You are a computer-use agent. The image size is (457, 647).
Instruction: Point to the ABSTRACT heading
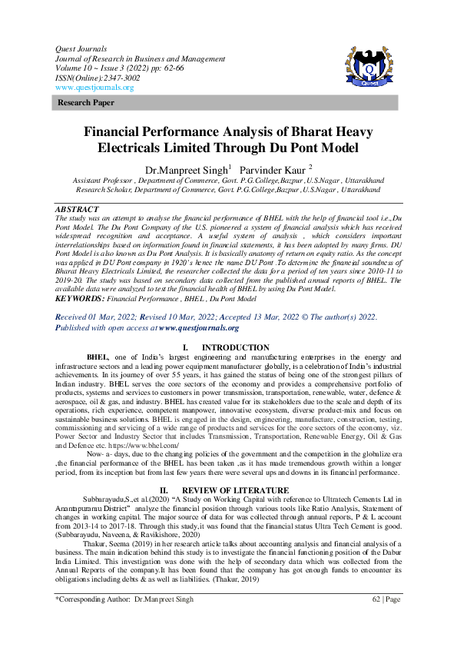(78, 209)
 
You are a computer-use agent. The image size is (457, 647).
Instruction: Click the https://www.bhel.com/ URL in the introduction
(143, 445)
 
